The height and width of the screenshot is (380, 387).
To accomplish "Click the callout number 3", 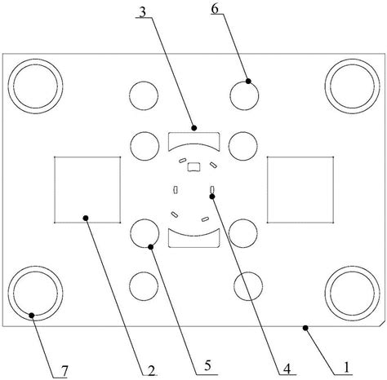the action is [x=143, y=13].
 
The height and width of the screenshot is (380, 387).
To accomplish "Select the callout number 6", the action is [x=215, y=9].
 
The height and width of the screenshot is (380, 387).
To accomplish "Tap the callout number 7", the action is [x=64, y=371].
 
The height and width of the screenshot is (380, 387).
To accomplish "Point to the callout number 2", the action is [x=151, y=371].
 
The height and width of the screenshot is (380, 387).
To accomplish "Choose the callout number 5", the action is [x=208, y=366].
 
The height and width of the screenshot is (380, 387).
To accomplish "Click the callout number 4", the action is [x=287, y=369].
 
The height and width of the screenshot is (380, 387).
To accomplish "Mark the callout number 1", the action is [x=346, y=368].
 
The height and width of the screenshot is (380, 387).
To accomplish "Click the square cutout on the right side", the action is [x=300, y=157].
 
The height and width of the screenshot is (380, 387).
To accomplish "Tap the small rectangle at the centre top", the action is [x=194, y=167].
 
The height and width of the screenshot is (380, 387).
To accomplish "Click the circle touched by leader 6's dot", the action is [x=244, y=82].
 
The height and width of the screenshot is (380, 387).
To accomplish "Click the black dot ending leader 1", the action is [x=305, y=328].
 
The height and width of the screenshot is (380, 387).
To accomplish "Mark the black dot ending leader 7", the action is [x=32, y=316].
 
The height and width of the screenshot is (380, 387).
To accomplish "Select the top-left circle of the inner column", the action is [x=144, y=82].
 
